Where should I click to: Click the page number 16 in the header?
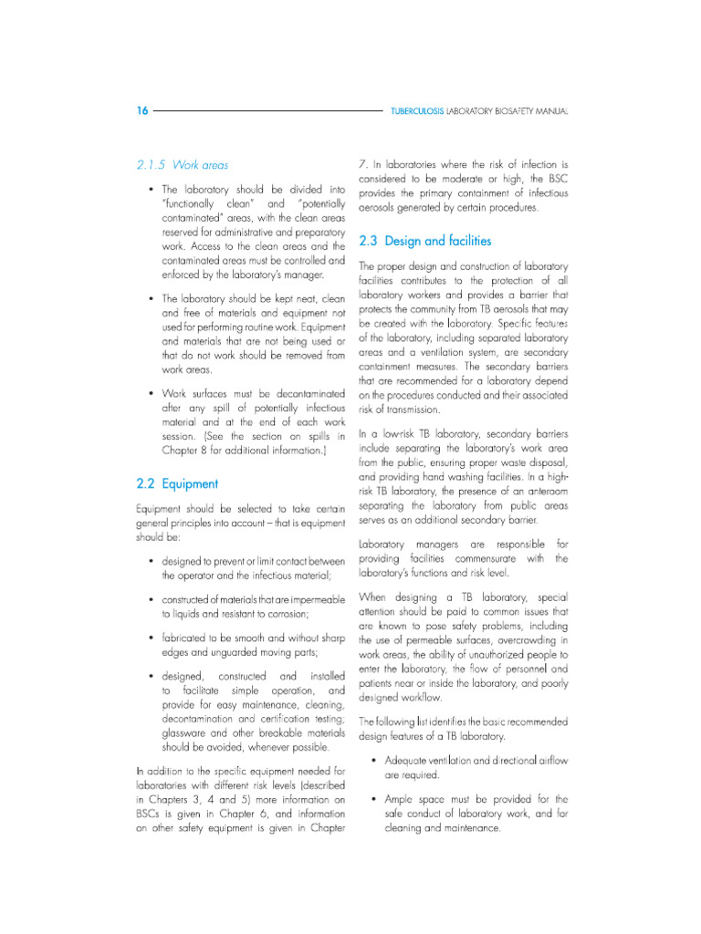(141, 110)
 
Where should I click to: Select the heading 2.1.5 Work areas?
(183, 165)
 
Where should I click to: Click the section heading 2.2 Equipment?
(176, 483)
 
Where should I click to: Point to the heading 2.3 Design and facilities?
(425, 241)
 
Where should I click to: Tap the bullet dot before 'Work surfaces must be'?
(150, 393)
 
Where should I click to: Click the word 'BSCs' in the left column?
(149, 802)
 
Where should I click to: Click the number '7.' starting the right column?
(363, 164)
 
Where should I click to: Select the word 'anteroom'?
(543, 491)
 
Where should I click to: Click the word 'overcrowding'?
(531, 640)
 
